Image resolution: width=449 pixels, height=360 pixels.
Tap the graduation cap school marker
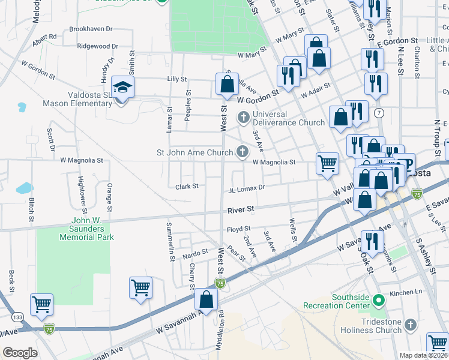pos(122,89)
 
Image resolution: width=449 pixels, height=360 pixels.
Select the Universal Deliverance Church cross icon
pos(244,116)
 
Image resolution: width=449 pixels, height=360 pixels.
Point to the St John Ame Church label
pos(194,152)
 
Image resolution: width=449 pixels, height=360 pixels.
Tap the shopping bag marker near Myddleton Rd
pos(206,301)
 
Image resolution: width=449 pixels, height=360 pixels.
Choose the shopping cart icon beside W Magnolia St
pos(327,164)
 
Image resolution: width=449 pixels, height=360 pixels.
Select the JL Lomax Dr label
pos(246,188)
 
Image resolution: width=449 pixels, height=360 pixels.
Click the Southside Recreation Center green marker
pos(378,299)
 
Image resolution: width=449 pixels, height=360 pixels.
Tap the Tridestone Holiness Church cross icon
pos(411,325)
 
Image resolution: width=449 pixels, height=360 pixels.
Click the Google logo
pos(20,353)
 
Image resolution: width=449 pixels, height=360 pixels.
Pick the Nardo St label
pos(195,252)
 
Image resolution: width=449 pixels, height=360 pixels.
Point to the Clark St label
pos(187,187)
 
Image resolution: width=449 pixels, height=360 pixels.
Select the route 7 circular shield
pos(378,113)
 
